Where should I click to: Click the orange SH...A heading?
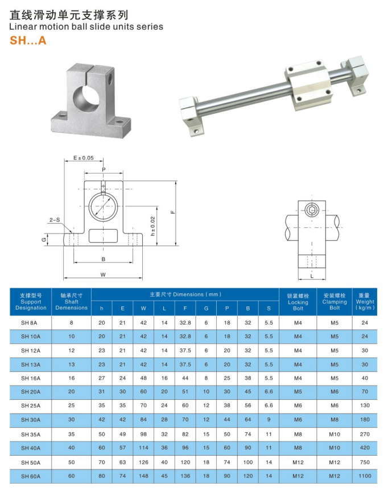[28, 41]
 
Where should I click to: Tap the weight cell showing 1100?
[365, 476]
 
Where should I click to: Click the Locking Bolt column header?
[298, 302]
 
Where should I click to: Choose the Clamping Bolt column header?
[335, 302]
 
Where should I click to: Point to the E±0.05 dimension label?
[83, 158]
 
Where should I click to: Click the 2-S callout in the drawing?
[55, 219]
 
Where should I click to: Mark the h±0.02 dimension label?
[152, 226]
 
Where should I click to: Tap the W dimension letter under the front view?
[103, 274]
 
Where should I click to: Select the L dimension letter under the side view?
[312, 275]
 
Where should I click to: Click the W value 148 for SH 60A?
[143, 476]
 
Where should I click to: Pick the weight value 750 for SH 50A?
[365, 462]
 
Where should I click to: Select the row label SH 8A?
[31, 323]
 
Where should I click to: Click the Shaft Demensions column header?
[72, 302]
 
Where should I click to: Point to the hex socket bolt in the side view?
[312, 211]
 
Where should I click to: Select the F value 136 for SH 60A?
[185, 476]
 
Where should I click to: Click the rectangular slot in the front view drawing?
[103, 235]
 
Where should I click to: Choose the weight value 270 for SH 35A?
[365, 434]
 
